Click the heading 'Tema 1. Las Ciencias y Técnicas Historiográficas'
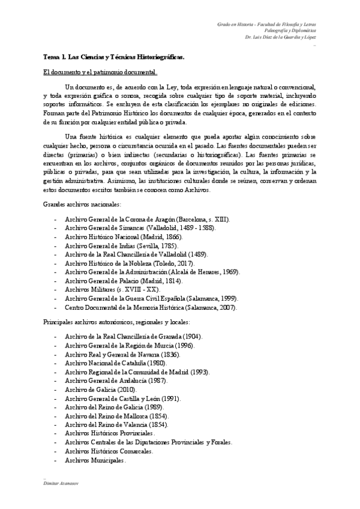pos(114,58)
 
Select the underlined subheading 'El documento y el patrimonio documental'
pos(100,73)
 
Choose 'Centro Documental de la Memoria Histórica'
pos(151,307)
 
